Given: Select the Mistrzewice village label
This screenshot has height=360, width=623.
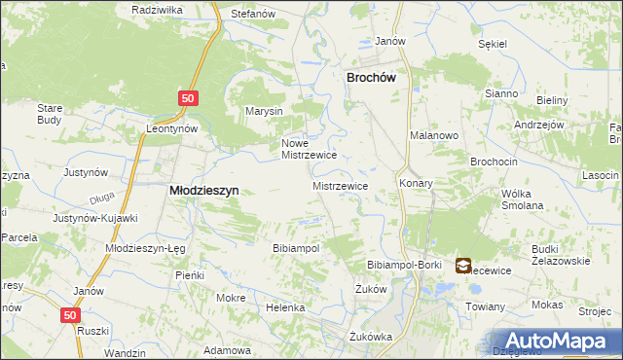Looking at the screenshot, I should point(340,185).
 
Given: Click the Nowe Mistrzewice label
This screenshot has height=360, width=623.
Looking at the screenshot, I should point(309,148).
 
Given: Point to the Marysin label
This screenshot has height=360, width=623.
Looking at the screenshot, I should point(264,111).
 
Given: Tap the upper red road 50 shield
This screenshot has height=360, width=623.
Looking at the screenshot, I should point(189,98).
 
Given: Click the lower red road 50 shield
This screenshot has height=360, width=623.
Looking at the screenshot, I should point(68,315).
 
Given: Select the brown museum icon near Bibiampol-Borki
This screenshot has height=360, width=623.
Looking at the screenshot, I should point(462,265).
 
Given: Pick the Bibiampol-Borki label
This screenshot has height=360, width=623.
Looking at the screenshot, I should point(404,265).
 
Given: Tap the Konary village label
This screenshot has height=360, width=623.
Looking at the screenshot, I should point(415,183).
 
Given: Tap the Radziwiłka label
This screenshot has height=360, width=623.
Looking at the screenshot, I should point(158,9).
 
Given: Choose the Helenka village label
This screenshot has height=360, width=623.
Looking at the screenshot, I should point(286,307).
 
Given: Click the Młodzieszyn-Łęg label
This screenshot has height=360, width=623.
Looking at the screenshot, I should point(144,248).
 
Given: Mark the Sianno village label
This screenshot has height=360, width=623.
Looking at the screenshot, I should point(502,92).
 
